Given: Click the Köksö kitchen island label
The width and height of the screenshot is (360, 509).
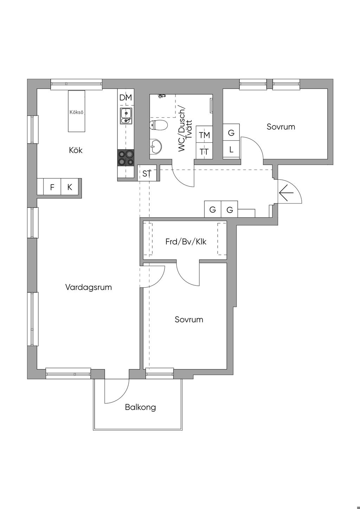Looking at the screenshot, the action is (x=76, y=112).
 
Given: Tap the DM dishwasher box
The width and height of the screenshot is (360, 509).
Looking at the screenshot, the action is (x=126, y=98).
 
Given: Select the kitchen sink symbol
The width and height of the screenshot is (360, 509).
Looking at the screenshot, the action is (x=126, y=116).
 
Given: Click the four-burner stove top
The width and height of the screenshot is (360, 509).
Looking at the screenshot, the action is (x=126, y=158).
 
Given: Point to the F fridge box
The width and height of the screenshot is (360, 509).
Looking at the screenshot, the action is (x=52, y=187).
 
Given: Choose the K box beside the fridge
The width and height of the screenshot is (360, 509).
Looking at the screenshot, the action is (x=70, y=187).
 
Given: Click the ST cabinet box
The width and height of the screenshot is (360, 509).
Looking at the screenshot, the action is (x=147, y=173).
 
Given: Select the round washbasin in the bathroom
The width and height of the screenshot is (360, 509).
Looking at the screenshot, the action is (x=156, y=147).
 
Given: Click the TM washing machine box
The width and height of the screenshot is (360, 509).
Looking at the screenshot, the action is (x=204, y=135).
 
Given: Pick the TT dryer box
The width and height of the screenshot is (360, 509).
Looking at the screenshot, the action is (x=204, y=152).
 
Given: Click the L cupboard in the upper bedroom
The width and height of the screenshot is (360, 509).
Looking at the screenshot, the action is (x=231, y=149).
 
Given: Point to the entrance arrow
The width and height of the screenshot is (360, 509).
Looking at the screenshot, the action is (x=287, y=193).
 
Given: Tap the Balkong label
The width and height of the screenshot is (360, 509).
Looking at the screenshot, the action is (x=140, y=407).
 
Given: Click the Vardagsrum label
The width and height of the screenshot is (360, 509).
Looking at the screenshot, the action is (x=89, y=287).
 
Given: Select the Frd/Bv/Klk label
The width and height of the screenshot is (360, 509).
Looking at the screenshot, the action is (x=186, y=242).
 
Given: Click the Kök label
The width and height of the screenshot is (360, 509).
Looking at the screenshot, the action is (x=76, y=150).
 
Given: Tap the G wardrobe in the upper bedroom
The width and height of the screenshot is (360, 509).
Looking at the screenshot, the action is (x=231, y=133).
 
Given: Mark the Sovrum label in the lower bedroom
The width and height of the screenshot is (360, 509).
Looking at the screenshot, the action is (x=189, y=320).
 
